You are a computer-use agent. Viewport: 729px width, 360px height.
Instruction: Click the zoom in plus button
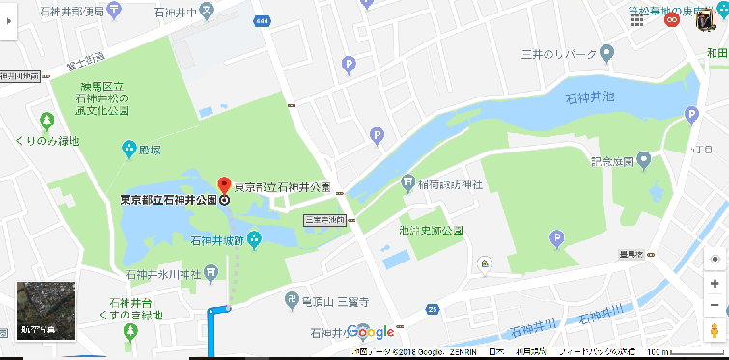click(x=714, y=284)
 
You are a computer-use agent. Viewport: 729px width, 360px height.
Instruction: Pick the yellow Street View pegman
click(x=714, y=331)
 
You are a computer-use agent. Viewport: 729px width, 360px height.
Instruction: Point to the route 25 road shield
click(x=433, y=309)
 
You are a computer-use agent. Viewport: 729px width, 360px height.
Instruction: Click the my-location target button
click(x=714, y=260)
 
